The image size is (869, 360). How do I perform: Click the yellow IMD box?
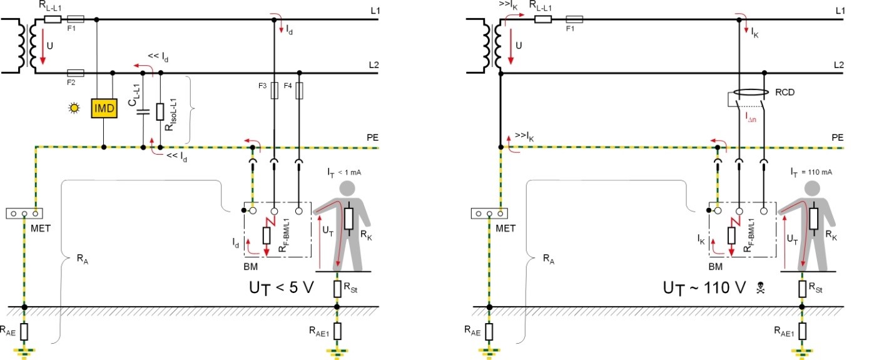point(104,109)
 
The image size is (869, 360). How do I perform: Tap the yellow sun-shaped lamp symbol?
point(76,108)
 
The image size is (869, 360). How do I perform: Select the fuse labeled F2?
point(75,73)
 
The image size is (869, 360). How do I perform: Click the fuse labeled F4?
point(299,91)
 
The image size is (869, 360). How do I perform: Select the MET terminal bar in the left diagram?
point(24,213)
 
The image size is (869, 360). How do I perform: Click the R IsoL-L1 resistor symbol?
point(161,111)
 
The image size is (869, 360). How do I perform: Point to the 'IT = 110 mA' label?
point(811,171)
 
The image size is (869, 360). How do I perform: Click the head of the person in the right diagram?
point(813,188)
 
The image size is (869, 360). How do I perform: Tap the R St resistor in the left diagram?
point(337,289)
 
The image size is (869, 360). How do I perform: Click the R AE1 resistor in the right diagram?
point(802,330)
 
